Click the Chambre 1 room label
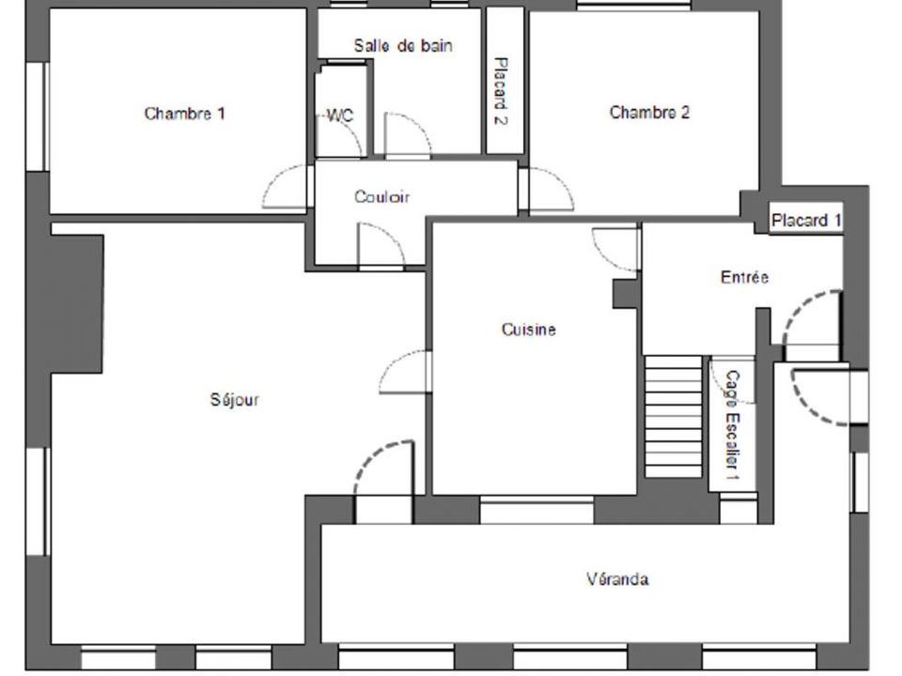[184, 114]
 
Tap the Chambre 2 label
[649, 112]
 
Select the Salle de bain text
[403, 45]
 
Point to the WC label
[340, 115]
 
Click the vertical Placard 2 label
[502, 91]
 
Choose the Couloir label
[382, 197]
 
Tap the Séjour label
[235, 399]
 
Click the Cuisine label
[529, 330]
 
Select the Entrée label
[744, 277]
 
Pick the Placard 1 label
[806, 220]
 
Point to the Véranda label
[618, 578]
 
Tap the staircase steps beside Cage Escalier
[673, 416]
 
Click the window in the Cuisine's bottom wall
[537, 510]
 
